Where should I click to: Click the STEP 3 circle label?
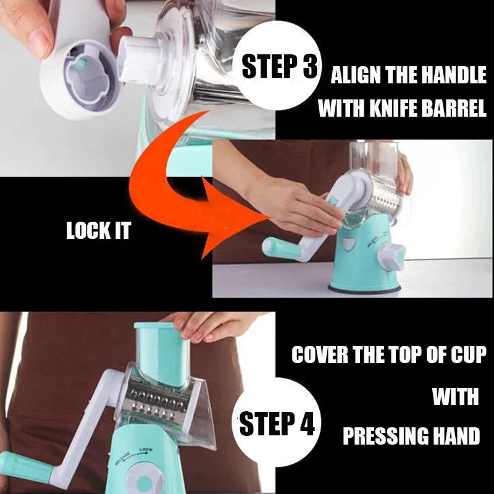(x=278, y=65)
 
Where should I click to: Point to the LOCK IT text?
(x=98, y=230)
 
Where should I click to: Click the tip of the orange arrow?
(x=272, y=217)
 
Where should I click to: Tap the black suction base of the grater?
(x=364, y=289)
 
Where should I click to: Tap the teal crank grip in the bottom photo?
(x=25, y=466)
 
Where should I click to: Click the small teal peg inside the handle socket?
(x=80, y=64)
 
